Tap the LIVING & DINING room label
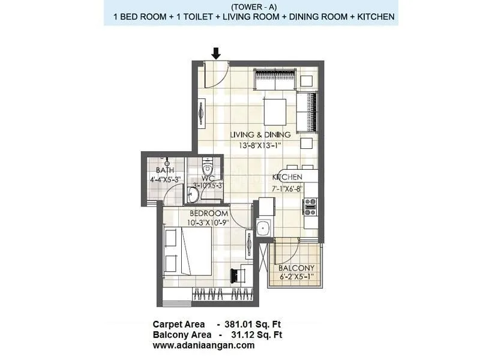260,134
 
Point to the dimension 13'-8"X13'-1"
260,144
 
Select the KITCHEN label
287,178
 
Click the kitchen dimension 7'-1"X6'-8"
285,187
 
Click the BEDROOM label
208,214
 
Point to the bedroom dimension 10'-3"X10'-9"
208,223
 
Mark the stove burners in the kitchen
311,207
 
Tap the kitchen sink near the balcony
262,229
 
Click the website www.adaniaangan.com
203,345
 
